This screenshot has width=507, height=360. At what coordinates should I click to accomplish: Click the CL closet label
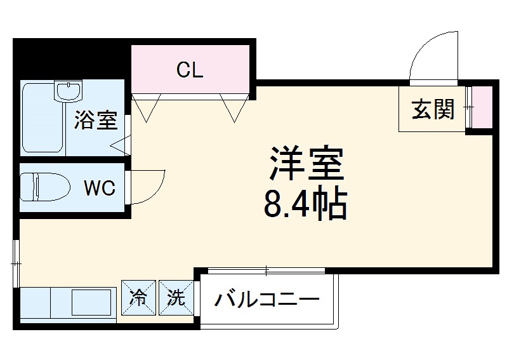[190, 70]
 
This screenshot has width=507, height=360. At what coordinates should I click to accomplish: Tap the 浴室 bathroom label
[96, 121]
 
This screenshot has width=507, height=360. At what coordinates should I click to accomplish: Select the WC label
[100, 189]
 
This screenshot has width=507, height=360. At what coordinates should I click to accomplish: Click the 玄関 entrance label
[433, 110]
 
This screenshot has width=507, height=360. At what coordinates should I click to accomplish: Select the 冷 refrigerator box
[138, 298]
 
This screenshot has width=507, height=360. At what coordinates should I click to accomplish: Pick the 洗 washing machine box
[175, 298]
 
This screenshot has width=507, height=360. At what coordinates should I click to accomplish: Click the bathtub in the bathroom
[41, 121]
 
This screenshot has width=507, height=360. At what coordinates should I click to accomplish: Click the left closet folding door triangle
[144, 107]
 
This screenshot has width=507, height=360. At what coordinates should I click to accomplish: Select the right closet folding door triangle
[233, 107]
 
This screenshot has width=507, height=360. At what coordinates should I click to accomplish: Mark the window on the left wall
[16, 262]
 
